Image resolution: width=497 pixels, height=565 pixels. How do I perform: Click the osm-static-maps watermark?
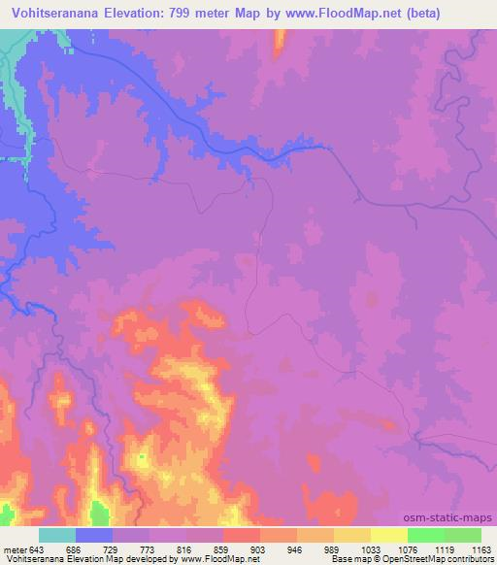pos(447,517)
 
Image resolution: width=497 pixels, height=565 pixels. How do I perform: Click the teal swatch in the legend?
pos(57,535)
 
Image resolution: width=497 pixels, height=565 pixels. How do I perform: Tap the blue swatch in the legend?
pos(94,535)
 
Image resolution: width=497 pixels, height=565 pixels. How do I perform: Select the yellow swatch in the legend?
pos(388,535)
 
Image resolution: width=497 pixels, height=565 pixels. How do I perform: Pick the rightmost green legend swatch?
pos(463,535)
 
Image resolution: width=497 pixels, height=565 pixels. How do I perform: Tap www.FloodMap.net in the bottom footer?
pos(219,559)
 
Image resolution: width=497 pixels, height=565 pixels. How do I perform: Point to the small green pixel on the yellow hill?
pos(142,456)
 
